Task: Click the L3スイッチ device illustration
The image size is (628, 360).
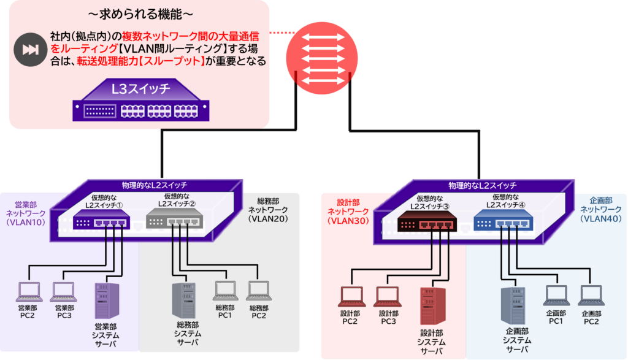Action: (x=140, y=102)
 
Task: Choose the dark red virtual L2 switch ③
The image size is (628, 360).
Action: (x=426, y=221)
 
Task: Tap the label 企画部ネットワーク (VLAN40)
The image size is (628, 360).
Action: (x=600, y=209)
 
